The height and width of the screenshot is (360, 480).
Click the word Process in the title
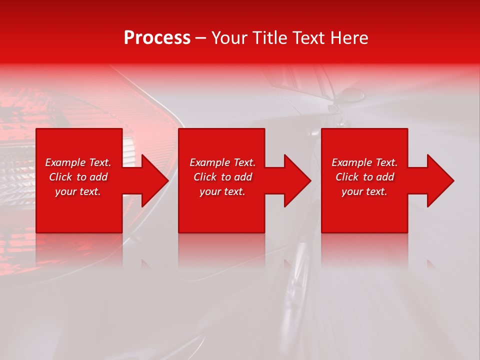(x=157, y=38)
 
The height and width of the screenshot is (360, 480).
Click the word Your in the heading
(x=229, y=38)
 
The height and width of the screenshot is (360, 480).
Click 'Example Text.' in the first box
(x=78, y=162)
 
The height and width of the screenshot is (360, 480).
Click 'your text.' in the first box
(x=78, y=191)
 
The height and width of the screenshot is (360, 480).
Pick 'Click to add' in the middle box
(x=222, y=177)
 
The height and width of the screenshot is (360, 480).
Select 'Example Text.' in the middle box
(x=222, y=162)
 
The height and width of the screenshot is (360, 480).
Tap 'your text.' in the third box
(x=364, y=191)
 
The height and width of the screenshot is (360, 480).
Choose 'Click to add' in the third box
(x=364, y=177)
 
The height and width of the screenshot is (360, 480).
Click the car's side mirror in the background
(x=352, y=94)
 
